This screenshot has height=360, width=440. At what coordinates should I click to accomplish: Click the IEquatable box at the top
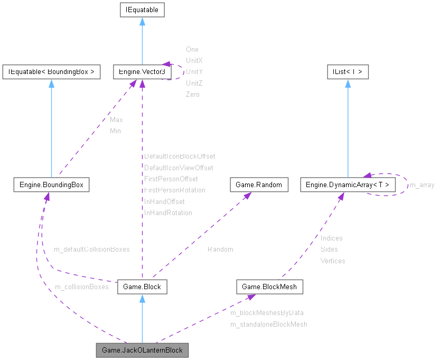[x=142, y=10]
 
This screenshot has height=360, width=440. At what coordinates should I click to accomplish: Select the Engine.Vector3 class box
[x=142, y=72]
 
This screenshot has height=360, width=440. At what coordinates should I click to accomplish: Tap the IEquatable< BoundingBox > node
[x=51, y=72]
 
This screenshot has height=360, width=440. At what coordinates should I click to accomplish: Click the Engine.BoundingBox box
[x=51, y=185]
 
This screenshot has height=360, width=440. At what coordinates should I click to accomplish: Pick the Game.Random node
[x=259, y=185]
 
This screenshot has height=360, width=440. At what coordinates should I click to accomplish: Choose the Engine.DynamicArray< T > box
[x=347, y=185]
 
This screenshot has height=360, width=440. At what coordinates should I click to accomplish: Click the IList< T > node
[x=347, y=72]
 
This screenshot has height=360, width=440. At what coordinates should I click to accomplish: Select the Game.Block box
[x=142, y=287]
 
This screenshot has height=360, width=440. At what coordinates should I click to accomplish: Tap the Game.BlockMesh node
[x=269, y=287]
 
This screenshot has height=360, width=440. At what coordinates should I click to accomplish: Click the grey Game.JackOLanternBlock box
[x=142, y=350]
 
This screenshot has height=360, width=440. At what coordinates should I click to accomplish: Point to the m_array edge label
[x=422, y=185]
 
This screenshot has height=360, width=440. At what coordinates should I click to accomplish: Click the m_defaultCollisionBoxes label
[x=91, y=248]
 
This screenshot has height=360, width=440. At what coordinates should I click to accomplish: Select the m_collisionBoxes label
[x=81, y=287]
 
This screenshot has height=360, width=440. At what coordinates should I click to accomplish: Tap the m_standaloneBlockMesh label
[x=268, y=324]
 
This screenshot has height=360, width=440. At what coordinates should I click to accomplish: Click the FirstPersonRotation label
[x=175, y=190]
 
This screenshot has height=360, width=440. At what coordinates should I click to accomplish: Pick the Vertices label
[x=332, y=261]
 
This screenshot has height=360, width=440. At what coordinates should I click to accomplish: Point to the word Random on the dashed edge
[x=220, y=249]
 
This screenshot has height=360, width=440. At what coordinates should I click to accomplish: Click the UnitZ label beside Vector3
[x=194, y=83]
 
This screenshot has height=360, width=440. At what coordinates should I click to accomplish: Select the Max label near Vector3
[x=116, y=119]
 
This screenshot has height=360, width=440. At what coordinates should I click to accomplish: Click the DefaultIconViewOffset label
[x=179, y=168]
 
